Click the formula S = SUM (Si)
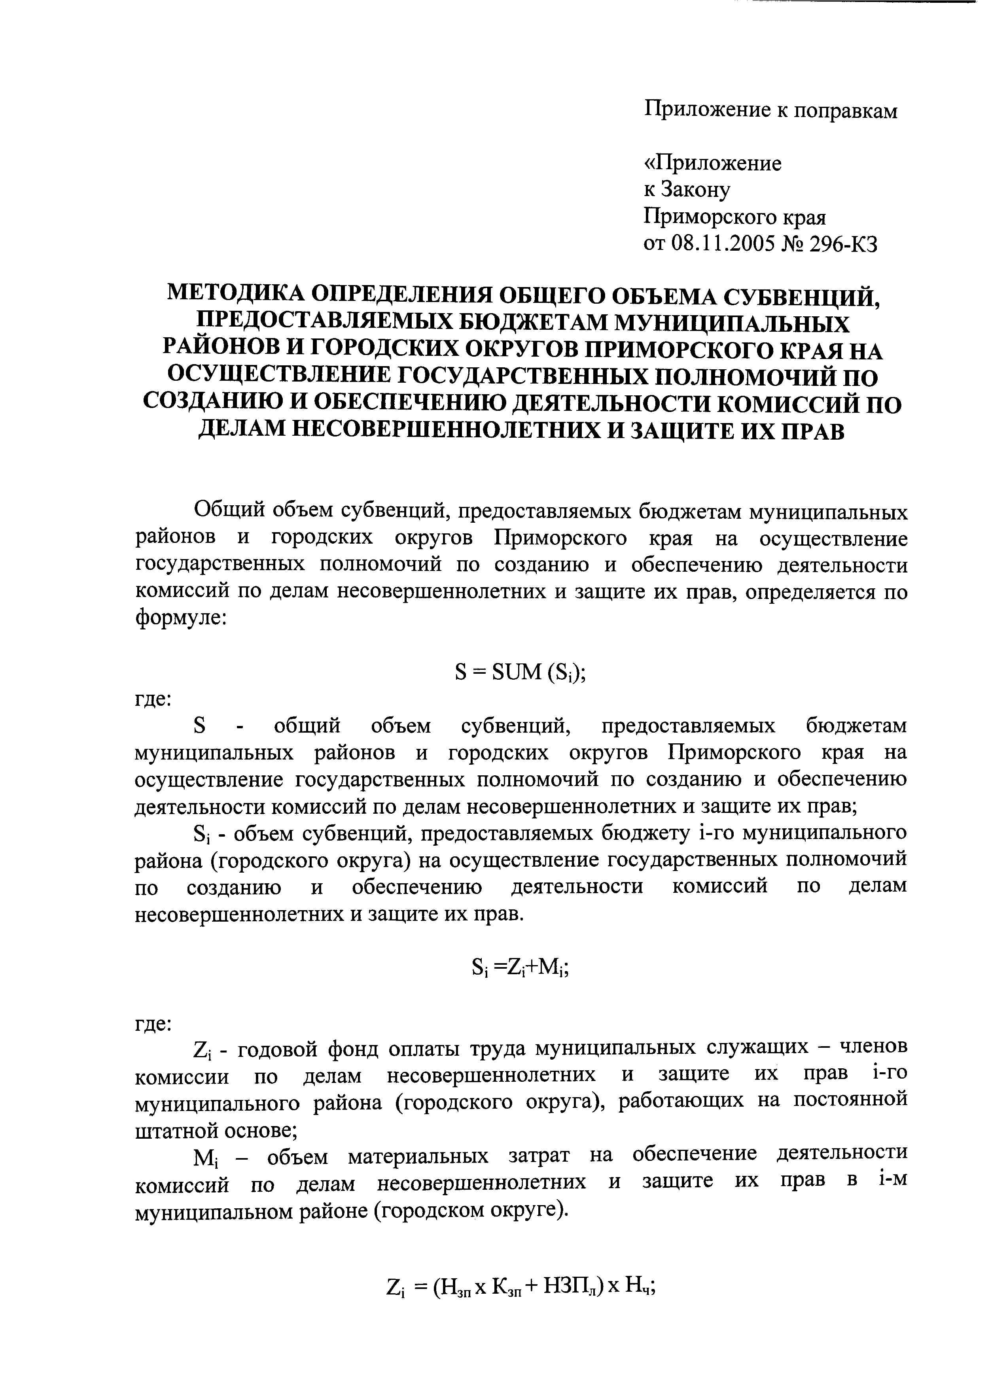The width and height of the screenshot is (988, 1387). [x=520, y=673]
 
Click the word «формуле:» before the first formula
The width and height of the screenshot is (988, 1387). [x=181, y=619]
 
